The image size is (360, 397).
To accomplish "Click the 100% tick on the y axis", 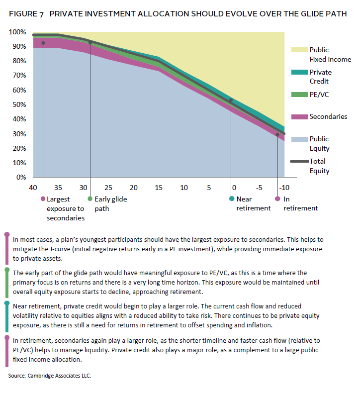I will coord(18,32).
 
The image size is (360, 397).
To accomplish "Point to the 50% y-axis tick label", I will coord(19,105).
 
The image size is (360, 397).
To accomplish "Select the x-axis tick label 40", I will coord(33,188).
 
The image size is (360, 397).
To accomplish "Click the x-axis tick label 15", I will coord(159,188).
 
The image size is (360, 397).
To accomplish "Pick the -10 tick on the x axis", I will coord(284,188).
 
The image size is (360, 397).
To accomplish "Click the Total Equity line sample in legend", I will coord(299,161).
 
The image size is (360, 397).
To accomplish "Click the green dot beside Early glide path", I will coord(90,198).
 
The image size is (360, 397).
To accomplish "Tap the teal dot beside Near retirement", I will coord(232,198).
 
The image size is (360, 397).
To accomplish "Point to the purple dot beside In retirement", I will coord(277,198).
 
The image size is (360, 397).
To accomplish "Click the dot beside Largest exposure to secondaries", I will coord(43,198).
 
